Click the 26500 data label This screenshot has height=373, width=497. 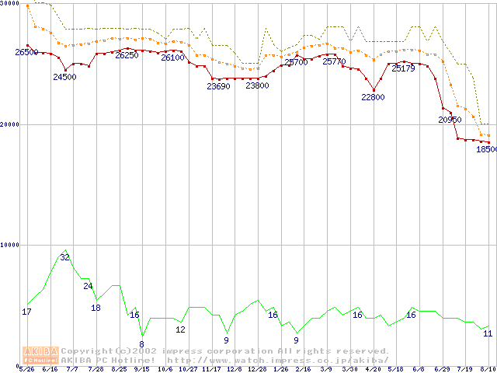point(26,52)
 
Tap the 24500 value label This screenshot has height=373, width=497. point(64,77)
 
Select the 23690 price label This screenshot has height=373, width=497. point(218,86)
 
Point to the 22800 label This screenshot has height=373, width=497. point(373,97)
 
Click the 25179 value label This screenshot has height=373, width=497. point(403,68)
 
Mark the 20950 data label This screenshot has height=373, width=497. point(450,120)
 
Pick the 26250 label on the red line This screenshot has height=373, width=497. point(127,55)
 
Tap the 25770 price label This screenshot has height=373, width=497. point(334,61)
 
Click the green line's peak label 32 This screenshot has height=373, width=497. point(65,257)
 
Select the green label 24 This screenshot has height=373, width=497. point(88,286)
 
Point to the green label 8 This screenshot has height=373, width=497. point(141,343)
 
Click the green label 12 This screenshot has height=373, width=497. point(180,329)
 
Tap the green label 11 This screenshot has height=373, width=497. point(488,333)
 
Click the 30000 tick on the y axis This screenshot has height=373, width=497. point(9,3)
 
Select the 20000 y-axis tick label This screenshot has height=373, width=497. point(9,124)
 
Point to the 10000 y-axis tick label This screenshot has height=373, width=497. point(9,245)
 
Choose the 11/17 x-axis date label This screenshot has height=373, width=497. point(211,369)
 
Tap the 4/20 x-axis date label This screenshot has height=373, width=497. point(373,369)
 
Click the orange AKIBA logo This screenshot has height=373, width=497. point(40,355)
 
